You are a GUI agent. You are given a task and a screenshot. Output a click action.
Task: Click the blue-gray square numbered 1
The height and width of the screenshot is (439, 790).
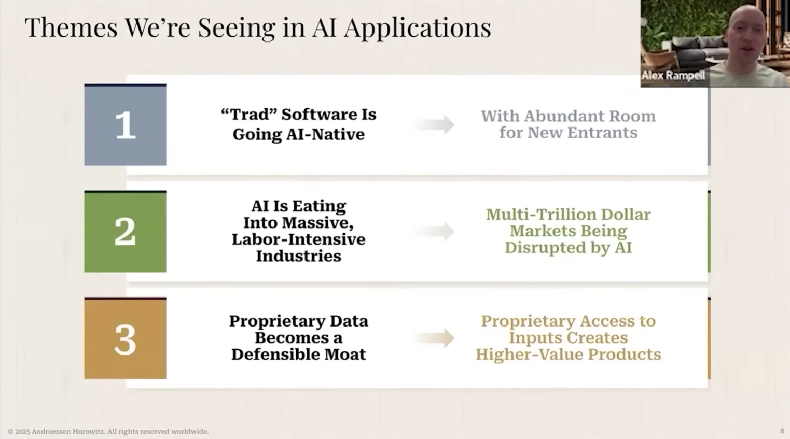click(x=125, y=125)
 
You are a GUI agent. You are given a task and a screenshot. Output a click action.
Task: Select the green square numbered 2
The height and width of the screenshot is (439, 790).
click(x=125, y=232)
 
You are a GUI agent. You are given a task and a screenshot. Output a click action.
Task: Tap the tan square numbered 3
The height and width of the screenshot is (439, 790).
click(x=125, y=338)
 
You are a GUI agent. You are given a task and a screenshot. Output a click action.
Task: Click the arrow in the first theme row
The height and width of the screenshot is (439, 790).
click(x=434, y=125)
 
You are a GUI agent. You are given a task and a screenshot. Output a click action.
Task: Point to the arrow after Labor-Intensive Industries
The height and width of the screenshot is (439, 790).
click(x=434, y=232)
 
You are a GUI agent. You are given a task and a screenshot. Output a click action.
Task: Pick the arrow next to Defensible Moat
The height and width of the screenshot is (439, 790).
click(x=434, y=338)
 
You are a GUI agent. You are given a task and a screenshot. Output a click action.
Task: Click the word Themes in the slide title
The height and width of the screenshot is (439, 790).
click(x=71, y=27)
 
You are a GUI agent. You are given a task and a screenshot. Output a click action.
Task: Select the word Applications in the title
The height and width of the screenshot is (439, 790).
click(x=418, y=28)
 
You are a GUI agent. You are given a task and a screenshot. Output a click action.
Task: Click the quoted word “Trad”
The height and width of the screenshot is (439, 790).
click(x=248, y=114)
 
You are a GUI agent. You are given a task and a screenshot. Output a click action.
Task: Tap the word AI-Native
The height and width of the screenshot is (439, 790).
click(x=325, y=134)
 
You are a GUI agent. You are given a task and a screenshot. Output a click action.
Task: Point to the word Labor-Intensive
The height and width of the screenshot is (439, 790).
click(x=299, y=239)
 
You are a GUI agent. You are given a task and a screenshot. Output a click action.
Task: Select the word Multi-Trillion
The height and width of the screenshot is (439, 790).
click(x=540, y=214)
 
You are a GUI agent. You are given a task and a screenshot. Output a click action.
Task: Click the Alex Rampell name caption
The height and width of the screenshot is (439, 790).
click(x=673, y=75)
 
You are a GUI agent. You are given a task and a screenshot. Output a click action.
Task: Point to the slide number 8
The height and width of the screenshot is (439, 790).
click(x=782, y=431)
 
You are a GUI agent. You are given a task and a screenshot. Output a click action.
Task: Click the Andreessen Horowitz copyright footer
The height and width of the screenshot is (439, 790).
click(x=108, y=432)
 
